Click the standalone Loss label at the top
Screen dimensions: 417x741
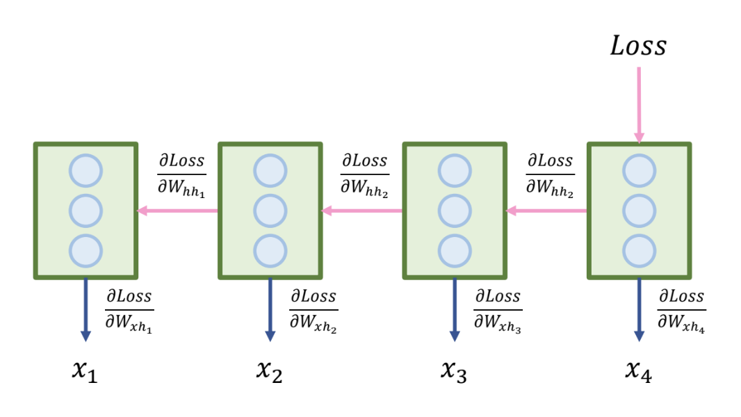click(638, 46)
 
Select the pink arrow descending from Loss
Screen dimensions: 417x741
click(639, 104)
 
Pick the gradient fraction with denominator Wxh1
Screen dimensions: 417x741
click(129, 310)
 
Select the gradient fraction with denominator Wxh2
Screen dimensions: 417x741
click(313, 310)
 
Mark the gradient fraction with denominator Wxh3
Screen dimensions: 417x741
click(498, 310)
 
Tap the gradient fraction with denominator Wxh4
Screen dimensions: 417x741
click(682, 310)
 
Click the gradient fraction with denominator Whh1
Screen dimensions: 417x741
click(181, 175)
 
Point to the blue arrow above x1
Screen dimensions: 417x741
click(85, 309)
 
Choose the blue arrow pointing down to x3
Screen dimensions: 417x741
click(455, 309)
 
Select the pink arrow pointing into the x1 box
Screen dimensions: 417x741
click(178, 211)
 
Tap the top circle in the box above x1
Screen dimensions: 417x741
click(85, 171)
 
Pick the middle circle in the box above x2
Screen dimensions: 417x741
click(270, 211)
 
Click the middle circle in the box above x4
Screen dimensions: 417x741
click(639, 211)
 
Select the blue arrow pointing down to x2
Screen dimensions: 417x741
click(270, 309)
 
